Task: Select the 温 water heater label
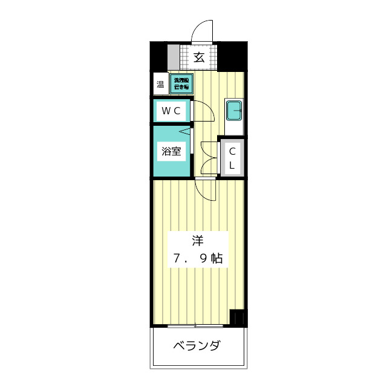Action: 160,85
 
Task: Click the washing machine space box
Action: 181,84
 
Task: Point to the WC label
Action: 170,111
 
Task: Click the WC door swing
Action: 205,112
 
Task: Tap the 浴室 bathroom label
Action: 171,151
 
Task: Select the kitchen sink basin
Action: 233,111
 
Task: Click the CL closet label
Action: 232,157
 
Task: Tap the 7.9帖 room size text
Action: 197,259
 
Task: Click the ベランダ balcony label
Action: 197,346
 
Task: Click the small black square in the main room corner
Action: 239,317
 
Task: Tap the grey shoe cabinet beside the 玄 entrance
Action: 174,58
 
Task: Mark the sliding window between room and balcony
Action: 197,327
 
